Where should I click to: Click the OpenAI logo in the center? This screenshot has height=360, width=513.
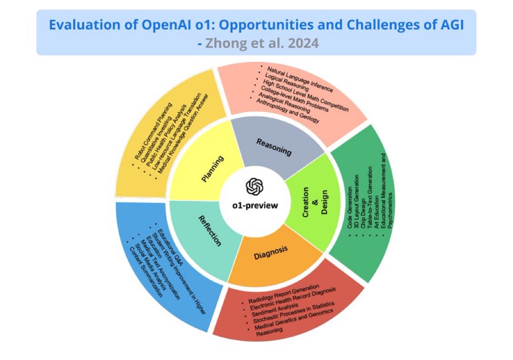click(x=255, y=186)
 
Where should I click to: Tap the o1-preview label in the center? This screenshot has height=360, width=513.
click(x=255, y=205)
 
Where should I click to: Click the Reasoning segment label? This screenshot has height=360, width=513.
click(x=274, y=146)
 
